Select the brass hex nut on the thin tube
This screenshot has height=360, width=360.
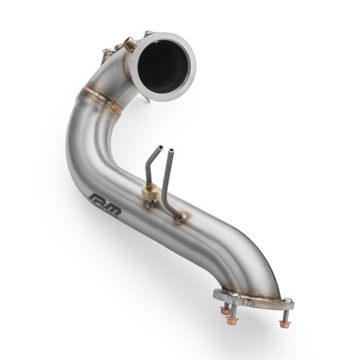point(150,194)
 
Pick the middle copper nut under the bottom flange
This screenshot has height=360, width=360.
point(231,321)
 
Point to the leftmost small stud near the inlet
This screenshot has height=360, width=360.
point(108,51)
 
